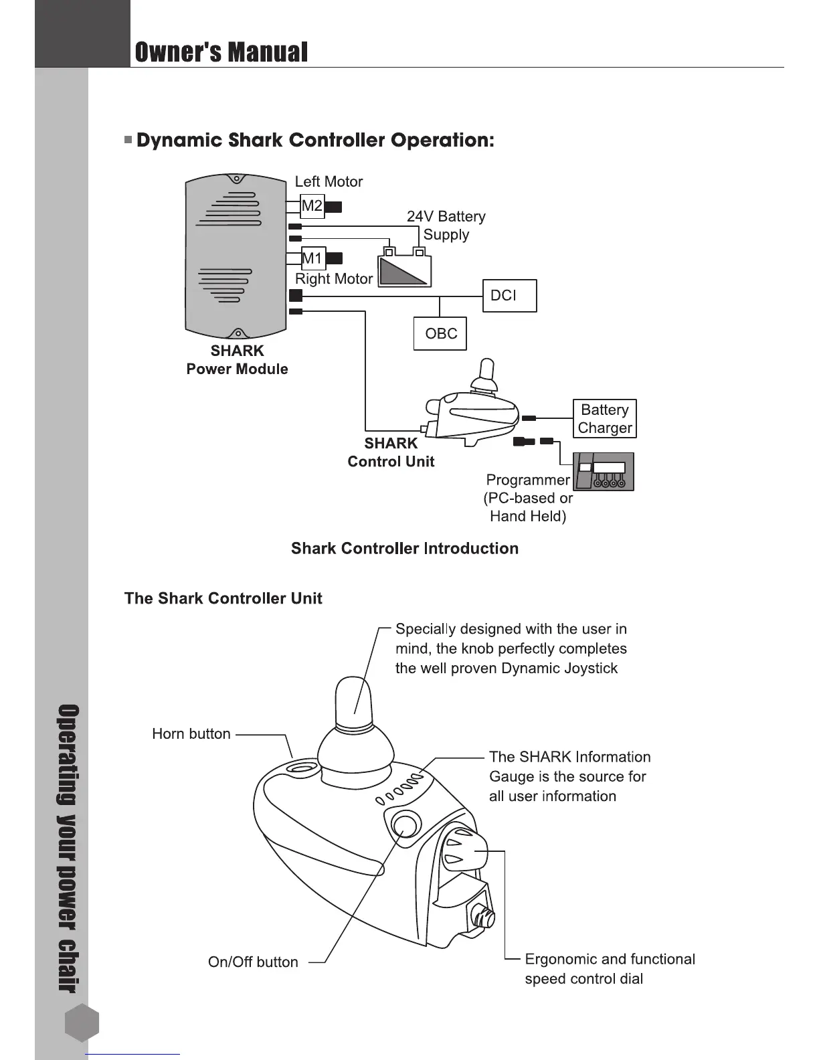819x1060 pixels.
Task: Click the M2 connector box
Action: (312, 206)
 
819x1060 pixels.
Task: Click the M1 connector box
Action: (312, 258)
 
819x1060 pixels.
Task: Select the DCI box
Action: (509, 296)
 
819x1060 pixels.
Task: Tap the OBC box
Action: (440, 334)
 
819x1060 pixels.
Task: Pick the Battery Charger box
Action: (605, 419)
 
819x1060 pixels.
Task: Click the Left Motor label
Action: (329, 182)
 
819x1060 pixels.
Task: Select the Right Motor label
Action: (334, 279)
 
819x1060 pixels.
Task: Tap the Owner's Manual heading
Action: (221, 52)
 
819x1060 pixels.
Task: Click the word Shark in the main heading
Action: (256, 141)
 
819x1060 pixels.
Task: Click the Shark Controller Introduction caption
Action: (405, 549)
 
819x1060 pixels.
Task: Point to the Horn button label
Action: (191, 734)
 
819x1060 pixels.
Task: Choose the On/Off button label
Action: (253, 962)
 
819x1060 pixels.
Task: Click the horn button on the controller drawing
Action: (300, 768)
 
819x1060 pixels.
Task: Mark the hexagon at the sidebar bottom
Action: (82, 1023)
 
